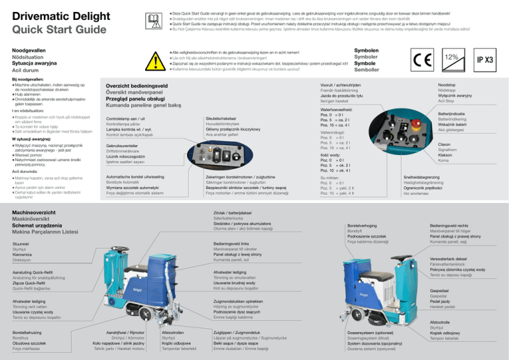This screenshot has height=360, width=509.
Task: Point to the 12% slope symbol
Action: click(452, 58)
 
